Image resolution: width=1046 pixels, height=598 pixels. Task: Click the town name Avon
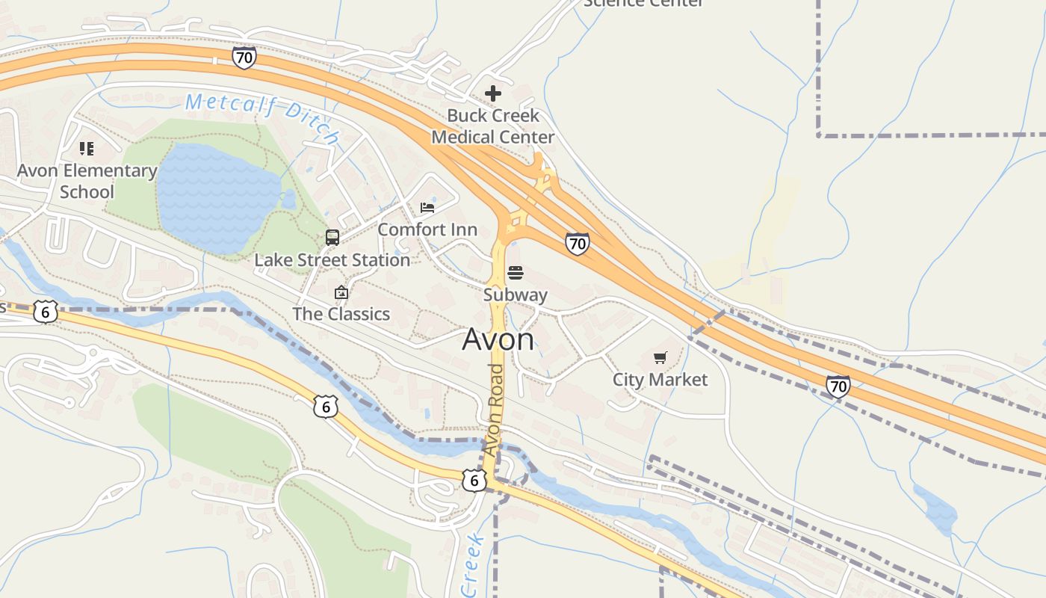[498, 340]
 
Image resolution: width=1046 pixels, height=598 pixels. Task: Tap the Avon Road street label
[494, 410]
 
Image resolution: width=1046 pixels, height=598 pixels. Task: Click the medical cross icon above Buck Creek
[493, 93]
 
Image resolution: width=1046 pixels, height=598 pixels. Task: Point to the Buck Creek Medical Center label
[493, 126]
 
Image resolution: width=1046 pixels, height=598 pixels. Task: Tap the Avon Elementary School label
[87, 181]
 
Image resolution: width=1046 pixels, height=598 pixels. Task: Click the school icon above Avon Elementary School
[87, 149]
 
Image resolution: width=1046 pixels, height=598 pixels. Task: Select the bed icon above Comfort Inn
[427, 207]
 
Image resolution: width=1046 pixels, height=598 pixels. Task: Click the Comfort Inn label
[427, 229]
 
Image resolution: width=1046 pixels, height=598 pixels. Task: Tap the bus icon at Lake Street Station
[332, 238]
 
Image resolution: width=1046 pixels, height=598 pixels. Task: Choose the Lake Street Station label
[332, 260]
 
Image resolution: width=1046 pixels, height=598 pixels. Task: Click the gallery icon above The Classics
[341, 292]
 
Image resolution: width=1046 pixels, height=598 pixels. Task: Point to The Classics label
[341, 314]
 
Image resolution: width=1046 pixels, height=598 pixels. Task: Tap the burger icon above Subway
[516, 273]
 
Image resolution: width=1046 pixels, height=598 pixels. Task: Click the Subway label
[516, 295]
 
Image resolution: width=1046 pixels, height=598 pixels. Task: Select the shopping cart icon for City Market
[660, 358]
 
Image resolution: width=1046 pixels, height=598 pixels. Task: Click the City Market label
[660, 380]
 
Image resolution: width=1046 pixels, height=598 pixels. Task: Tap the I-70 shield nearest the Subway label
[577, 243]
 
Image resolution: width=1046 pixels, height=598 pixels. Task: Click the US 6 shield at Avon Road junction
[474, 480]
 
